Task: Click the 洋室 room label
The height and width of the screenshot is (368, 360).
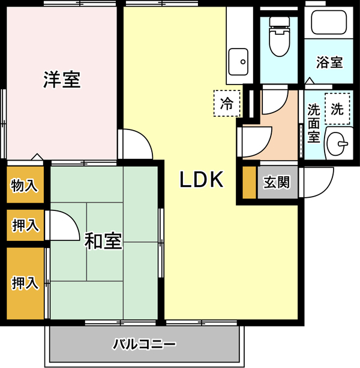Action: (62, 80)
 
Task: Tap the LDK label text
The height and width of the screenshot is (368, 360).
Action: (202, 180)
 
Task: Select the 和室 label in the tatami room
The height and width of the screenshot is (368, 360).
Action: (103, 241)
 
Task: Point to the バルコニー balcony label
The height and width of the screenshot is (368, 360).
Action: (144, 344)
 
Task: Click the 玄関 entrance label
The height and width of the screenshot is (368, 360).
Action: (277, 182)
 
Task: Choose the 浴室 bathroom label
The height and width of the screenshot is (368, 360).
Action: (329, 62)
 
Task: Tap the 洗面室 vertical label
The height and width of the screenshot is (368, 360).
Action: (314, 123)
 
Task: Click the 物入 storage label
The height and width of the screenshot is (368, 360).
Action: (24, 185)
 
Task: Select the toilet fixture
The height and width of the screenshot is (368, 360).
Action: (280, 37)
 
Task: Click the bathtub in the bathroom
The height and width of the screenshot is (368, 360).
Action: (329, 22)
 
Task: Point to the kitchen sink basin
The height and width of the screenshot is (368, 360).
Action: (238, 62)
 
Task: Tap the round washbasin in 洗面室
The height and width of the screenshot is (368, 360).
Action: (336, 143)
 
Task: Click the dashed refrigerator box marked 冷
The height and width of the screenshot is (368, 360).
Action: (227, 103)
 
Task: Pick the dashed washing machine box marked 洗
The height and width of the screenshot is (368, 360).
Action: (337, 108)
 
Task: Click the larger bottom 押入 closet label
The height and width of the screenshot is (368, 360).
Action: (25, 283)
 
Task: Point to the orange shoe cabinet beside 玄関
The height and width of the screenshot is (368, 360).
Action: (250, 182)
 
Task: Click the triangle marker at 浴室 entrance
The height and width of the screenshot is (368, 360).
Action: (310, 81)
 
